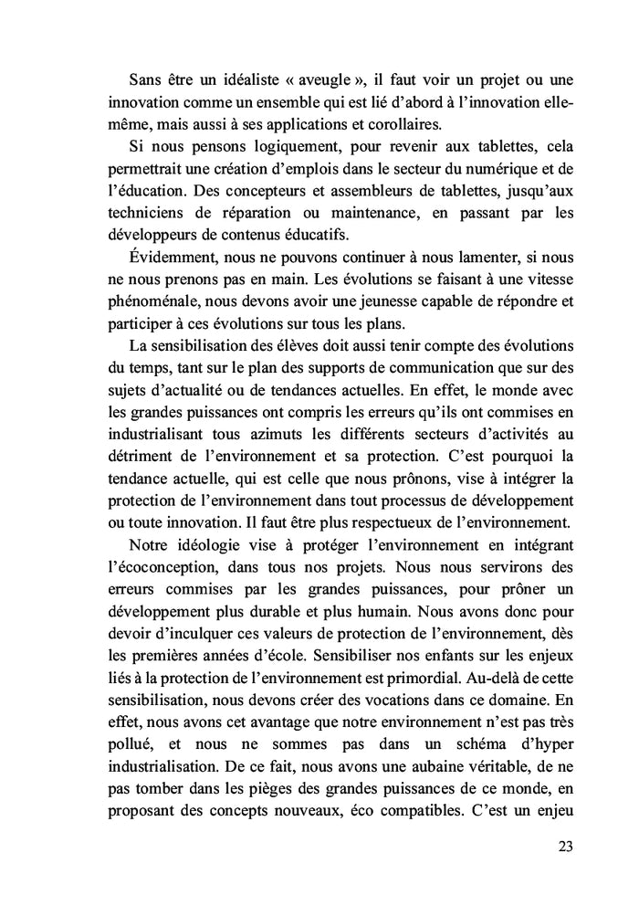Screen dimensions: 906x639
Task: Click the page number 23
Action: (x=564, y=845)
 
